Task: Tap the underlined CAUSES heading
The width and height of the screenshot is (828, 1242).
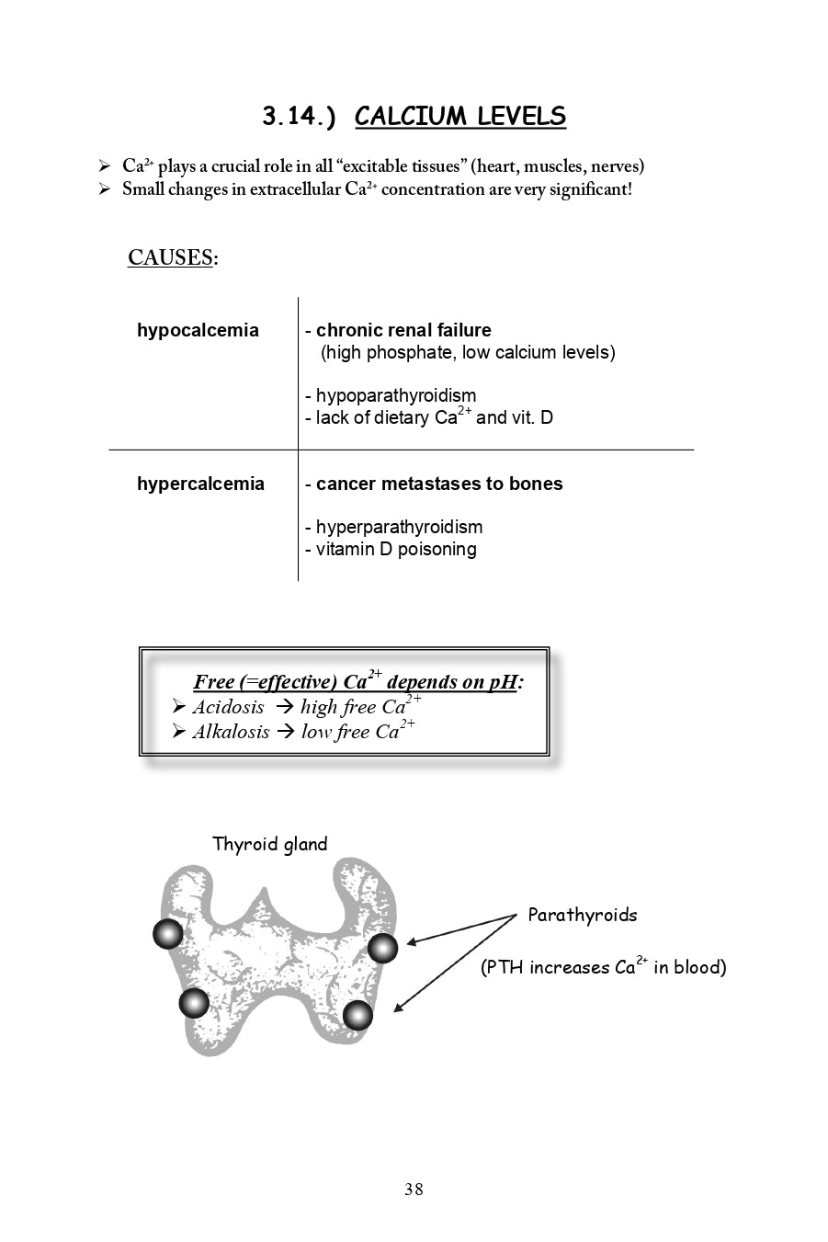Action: [171, 257]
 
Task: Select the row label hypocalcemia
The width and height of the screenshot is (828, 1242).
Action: [198, 330]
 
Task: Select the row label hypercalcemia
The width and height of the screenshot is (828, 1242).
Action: [200, 484]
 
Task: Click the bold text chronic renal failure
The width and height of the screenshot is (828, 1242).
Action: [403, 330]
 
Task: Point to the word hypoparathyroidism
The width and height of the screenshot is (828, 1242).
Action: [396, 396]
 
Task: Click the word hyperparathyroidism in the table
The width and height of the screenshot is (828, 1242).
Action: [399, 527]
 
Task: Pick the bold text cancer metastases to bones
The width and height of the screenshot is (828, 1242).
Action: [439, 484]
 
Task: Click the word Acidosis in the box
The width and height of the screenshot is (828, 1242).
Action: [228, 707]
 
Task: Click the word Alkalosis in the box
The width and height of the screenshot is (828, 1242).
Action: [231, 732]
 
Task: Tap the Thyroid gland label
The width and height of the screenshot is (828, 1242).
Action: [269, 844]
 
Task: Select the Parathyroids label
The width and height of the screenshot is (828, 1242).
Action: [582, 915]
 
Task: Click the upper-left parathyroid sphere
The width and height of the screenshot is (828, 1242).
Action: [167, 934]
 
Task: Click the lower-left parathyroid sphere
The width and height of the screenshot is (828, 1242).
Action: [194, 1002]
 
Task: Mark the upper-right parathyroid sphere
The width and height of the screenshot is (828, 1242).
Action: [382, 948]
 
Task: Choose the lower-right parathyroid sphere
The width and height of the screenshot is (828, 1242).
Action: [357, 1015]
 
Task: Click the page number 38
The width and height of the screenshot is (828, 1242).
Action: [414, 1190]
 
